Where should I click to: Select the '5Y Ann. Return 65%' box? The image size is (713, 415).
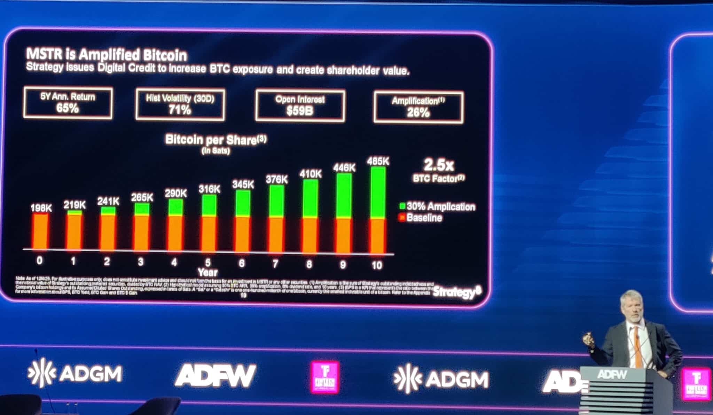(x=68, y=103)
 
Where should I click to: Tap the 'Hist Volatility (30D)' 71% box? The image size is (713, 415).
(x=180, y=105)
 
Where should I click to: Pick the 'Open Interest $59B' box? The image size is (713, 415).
(x=300, y=106)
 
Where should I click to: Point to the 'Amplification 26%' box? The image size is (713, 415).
(x=418, y=107)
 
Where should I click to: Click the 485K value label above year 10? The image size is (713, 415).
(x=378, y=162)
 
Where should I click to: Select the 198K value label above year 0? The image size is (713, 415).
(x=41, y=208)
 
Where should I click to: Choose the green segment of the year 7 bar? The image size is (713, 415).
(x=276, y=201)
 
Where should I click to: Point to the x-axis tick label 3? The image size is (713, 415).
(x=140, y=262)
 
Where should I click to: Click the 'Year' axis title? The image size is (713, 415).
(x=207, y=272)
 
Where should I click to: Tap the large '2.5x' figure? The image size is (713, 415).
(x=438, y=165)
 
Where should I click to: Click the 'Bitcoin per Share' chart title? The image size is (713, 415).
(x=216, y=140)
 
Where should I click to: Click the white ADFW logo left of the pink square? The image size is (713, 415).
(x=216, y=375)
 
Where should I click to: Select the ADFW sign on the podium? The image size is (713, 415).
(x=612, y=375)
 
